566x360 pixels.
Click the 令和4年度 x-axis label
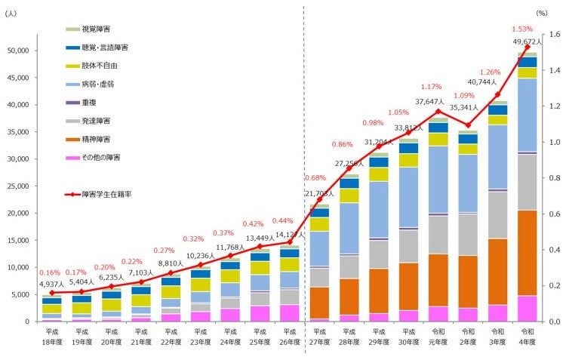527,337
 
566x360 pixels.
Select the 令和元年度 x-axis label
438,337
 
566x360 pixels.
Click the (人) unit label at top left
13,13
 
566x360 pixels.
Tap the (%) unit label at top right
542,13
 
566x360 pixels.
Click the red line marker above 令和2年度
468,125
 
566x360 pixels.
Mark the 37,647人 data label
430,102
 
